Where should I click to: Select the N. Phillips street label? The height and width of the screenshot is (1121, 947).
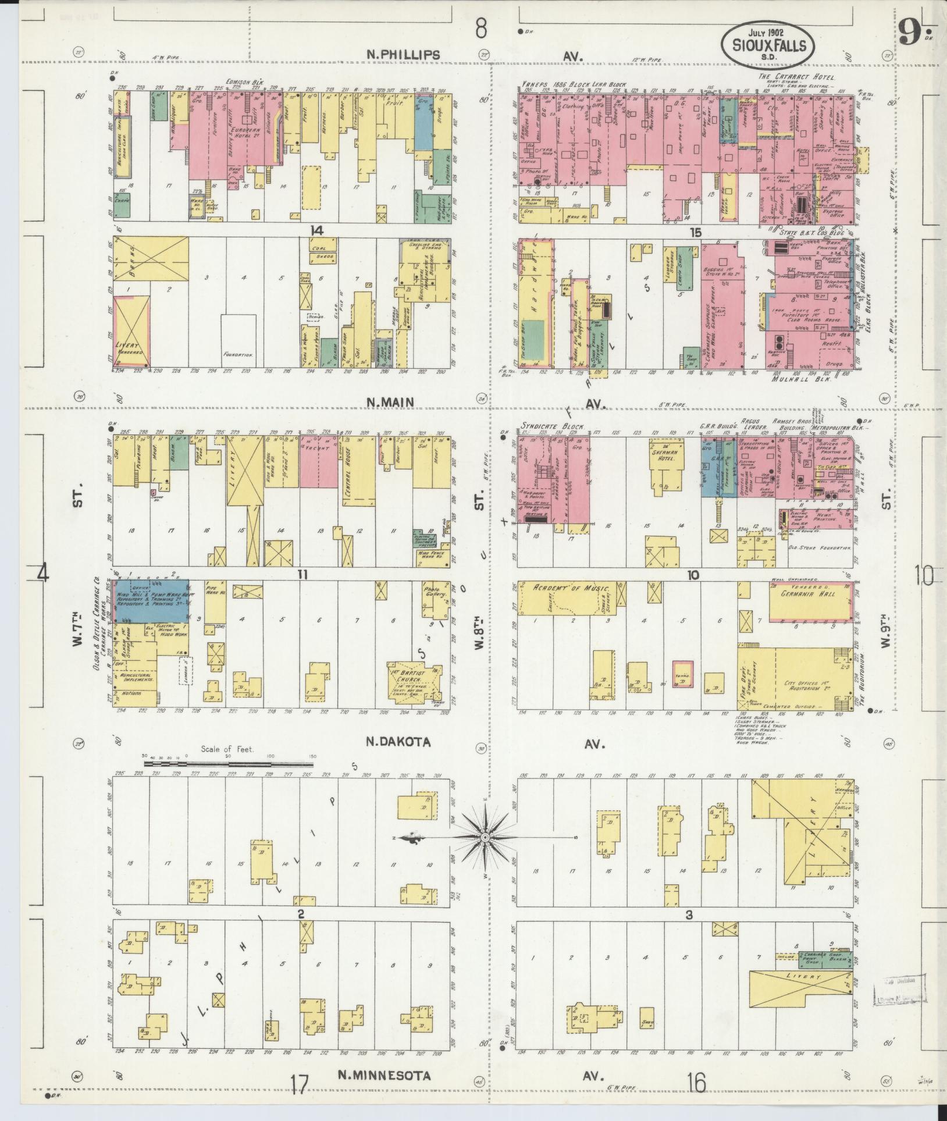403,54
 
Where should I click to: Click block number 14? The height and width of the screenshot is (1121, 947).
316,231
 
